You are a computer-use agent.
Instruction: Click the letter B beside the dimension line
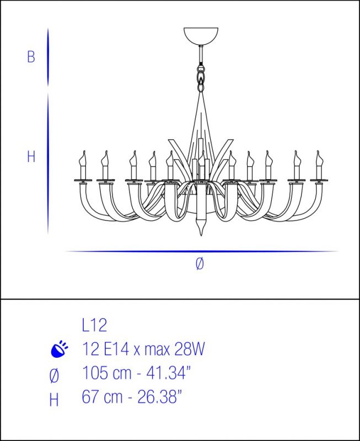[x=31, y=57]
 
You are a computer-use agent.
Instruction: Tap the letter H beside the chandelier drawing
[x=31, y=157]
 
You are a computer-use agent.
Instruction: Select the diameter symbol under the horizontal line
[x=200, y=264]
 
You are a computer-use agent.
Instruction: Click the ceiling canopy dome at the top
[x=201, y=36]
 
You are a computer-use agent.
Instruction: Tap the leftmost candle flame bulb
[x=83, y=158]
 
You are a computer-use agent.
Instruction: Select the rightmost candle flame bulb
[x=319, y=158]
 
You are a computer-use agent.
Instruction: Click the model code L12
[x=94, y=325]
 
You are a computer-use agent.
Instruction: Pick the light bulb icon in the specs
[x=60, y=349]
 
